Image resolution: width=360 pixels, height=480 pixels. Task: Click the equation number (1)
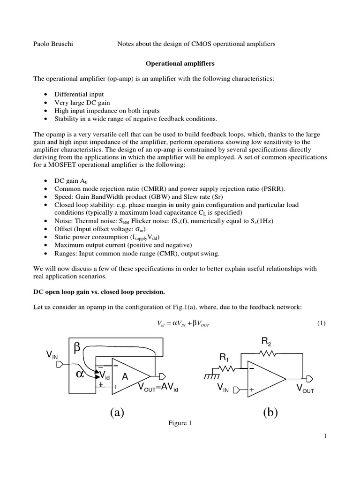click(x=321, y=323)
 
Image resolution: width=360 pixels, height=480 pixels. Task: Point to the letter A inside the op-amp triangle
click(x=125, y=377)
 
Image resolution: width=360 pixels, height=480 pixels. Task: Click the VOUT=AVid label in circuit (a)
click(x=158, y=387)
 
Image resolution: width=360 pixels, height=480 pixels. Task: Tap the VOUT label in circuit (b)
click(x=305, y=389)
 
